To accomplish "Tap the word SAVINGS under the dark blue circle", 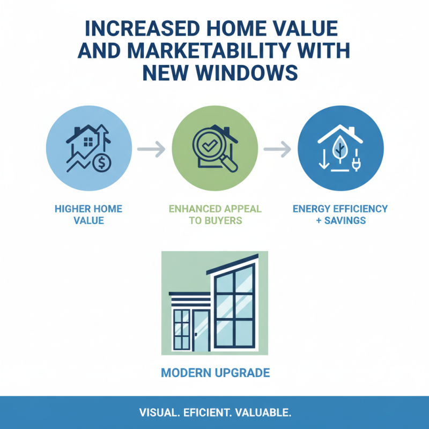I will [344, 220].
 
